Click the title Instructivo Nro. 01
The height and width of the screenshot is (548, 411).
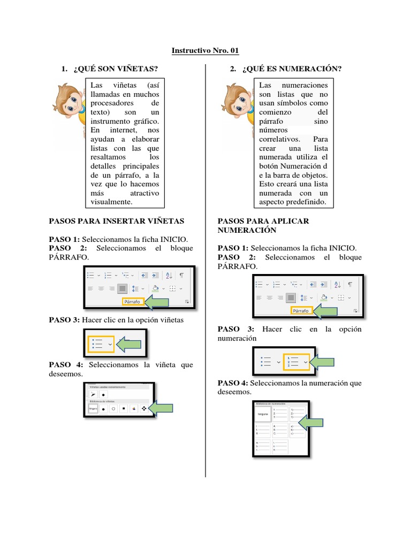click(x=205, y=51)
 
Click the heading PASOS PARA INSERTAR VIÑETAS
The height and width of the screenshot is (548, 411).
click(x=116, y=220)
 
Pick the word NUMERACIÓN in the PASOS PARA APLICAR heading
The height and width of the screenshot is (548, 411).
click(x=247, y=230)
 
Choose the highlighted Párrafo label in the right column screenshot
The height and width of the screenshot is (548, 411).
click(x=301, y=310)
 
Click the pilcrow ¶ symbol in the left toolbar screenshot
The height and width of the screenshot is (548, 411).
click(x=181, y=275)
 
